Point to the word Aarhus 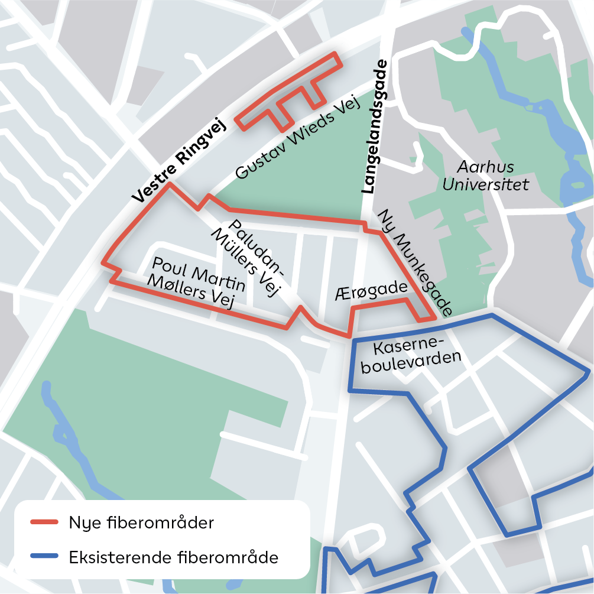(x=486, y=166)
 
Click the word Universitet (x=486, y=184)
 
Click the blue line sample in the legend (x=44, y=557)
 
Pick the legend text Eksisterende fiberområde (x=173, y=557)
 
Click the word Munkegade (x=427, y=279)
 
